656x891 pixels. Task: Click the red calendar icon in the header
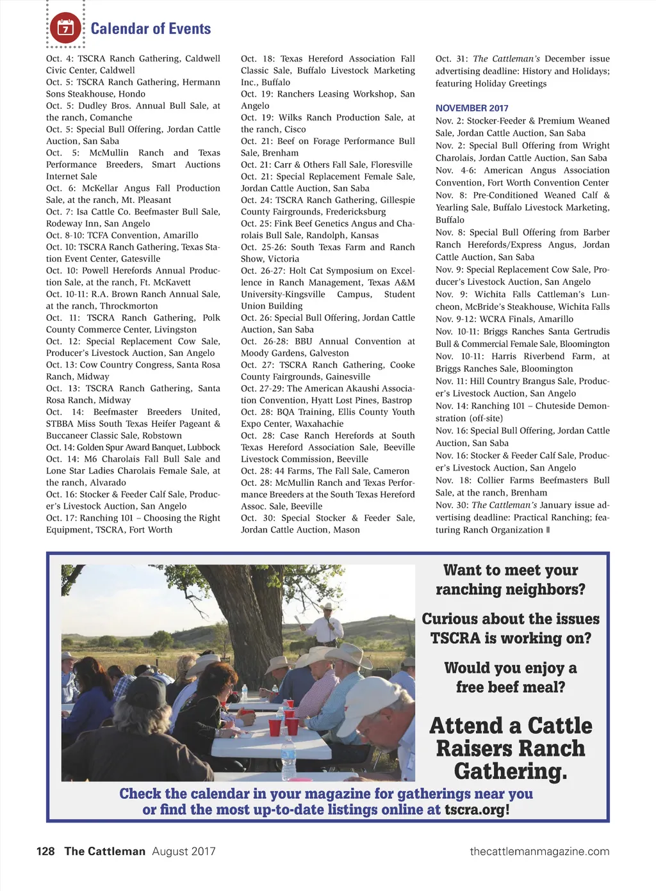click(x=65, y=28)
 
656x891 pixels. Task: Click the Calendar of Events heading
click(x=151, y=29)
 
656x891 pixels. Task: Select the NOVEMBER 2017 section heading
click(x=471, y=108)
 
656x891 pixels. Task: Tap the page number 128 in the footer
click(x=45, y=851)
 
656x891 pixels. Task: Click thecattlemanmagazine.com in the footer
click(x=539, y=851)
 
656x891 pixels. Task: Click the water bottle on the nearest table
click(x=289, y=759)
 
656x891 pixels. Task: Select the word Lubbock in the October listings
click(x=202, y=447)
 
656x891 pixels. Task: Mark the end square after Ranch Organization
click(x=548, y=529)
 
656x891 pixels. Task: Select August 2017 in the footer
click(x=183, y=851)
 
